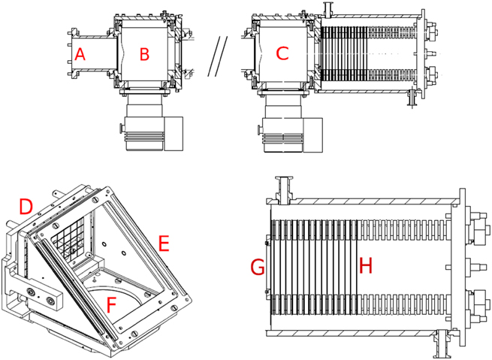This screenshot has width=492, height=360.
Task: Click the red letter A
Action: click(80, 54)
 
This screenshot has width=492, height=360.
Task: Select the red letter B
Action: click(145, 54)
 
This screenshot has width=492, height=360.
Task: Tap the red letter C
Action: click(282, 54)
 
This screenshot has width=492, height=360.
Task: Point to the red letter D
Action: click(26, 205)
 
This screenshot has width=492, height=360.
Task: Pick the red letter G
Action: click(257, 266)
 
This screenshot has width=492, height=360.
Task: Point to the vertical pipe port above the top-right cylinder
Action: click(327, 11)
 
